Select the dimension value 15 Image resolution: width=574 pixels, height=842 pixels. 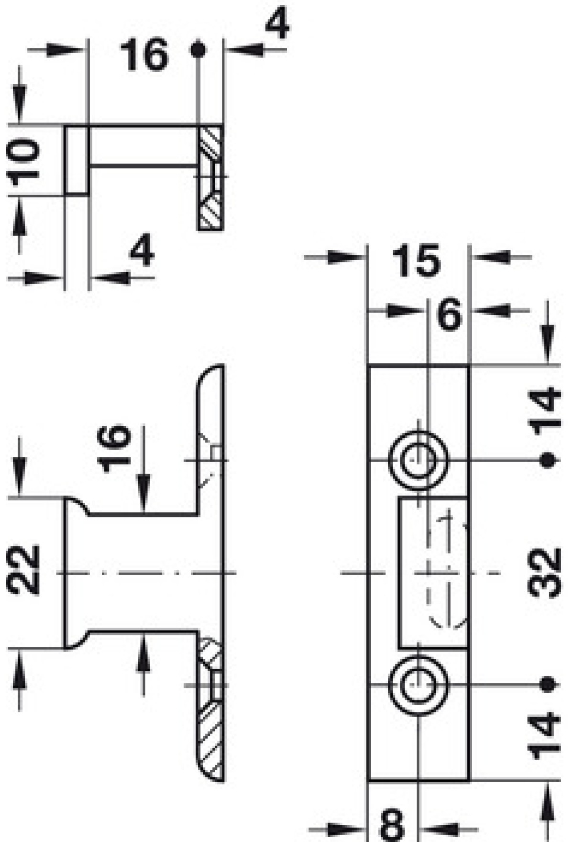coord(416,261)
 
